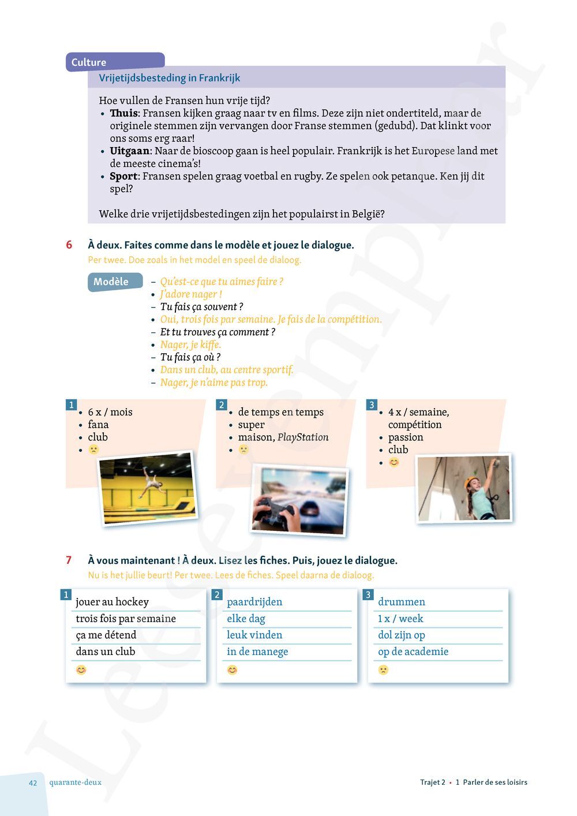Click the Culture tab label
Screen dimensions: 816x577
click(x=89, y=62)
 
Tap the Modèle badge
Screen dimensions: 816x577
click(x=111, y=282)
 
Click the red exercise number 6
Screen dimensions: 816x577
click(x=69, y=245)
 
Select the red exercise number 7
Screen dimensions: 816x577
click(x=69, y=560)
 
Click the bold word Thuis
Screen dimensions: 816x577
click(x=123, y=113)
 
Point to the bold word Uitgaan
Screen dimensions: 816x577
click(x=130, y=151)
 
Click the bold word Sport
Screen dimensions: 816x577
click(x=123, y=177)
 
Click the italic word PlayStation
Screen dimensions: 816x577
click(x=303, y=437)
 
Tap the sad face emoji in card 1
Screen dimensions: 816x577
click(x=94, y=450)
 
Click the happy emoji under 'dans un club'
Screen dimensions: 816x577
click(x=81, y=669)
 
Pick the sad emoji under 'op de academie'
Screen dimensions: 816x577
click(x=383, y=669)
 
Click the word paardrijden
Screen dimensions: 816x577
click(x=254, y=602)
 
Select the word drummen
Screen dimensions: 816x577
click(x=402, y=602)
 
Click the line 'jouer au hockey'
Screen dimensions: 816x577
click(x=113, y=602)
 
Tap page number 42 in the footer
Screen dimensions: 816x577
click(x=33, y=783)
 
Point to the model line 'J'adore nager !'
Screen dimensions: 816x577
click(x=191, y=294)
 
